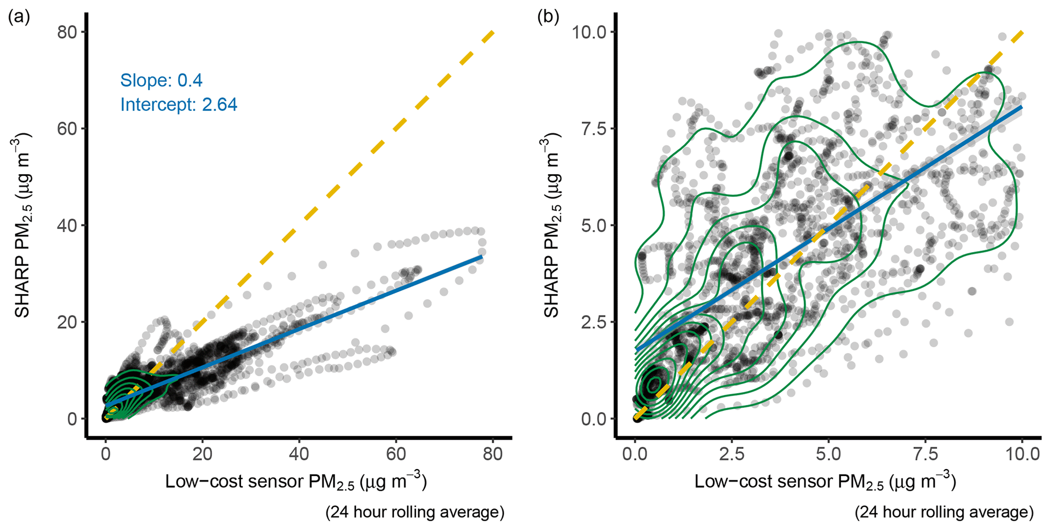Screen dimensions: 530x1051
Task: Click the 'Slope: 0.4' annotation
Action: click(x=161, y=80)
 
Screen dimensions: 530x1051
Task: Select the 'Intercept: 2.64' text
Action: click(x=178, y=105)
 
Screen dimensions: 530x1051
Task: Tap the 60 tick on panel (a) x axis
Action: click(x=396, y=453)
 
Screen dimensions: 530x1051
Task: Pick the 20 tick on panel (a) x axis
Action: click(x=202, y=453)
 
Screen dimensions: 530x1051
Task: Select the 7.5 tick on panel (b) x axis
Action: click(x=925, y=453)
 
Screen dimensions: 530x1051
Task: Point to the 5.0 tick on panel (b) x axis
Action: click(x=828, y=453)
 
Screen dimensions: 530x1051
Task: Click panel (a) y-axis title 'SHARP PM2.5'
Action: click(x=23, y=225)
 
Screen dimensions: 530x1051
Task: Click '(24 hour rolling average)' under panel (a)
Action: click(x=415, y=512)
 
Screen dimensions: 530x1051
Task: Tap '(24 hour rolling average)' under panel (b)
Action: click(x=944, y=512)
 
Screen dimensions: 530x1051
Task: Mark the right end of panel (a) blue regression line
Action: click(x=482, y=257)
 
